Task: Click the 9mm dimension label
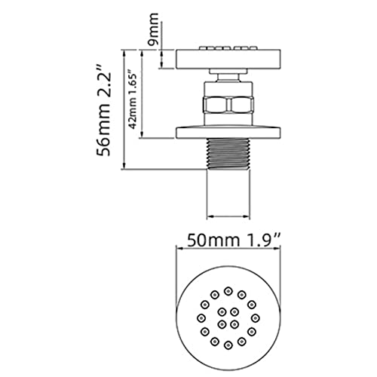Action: (153, 29)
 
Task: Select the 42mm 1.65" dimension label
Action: (133, 100)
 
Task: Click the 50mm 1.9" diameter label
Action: (234, 241)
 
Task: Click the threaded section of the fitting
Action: (228, 153)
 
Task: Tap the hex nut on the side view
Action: (228, 104)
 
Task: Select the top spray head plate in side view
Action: (228, 59)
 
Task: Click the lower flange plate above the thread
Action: (228, 133)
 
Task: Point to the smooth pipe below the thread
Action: (228, 194)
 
